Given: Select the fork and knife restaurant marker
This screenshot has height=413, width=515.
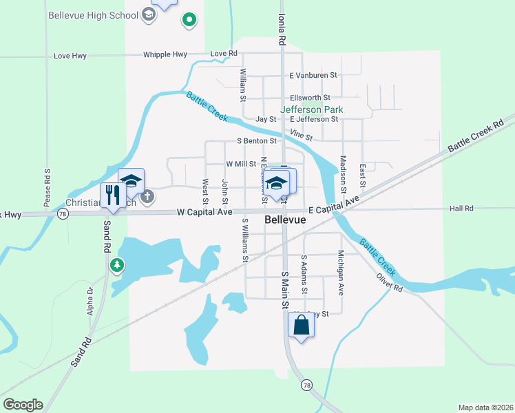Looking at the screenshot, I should pyautogui.click(x=109, y=196).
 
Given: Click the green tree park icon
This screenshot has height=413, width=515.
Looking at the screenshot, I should pyautogui.click(x=118, y=264).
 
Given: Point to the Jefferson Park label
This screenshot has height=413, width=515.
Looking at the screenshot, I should pyautogui.click(x=311, y=109).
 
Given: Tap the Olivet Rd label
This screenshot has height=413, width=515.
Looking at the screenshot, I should pyautogui.click(x=389, y=282).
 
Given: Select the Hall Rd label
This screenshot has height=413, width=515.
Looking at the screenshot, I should pyautogui.click(x=461, y=208).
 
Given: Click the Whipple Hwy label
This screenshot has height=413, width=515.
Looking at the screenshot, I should pyautogui.click(x=165, y=54).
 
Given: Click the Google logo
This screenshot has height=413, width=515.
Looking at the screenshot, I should pyautogui.click(x=23, y=405).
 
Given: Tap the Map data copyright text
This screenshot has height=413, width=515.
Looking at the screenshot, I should pyautogui.click(x=485, y=407).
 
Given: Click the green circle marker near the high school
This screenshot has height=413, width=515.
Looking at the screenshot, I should pyautogui.click(x=188, y=21).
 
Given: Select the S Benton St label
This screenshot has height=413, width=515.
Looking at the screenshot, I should pyautogui.click(x=256, y=141).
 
